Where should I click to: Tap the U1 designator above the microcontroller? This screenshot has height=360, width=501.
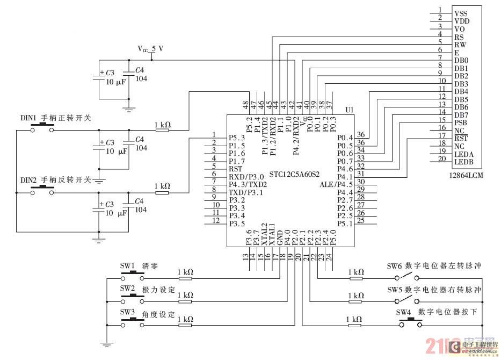350,110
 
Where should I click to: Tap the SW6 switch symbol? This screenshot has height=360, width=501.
408,277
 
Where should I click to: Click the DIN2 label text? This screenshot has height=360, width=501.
28,179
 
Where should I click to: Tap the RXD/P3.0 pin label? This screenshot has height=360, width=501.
246,177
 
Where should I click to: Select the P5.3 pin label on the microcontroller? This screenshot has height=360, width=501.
237,138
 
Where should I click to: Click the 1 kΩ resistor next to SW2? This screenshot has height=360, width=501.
185,301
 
